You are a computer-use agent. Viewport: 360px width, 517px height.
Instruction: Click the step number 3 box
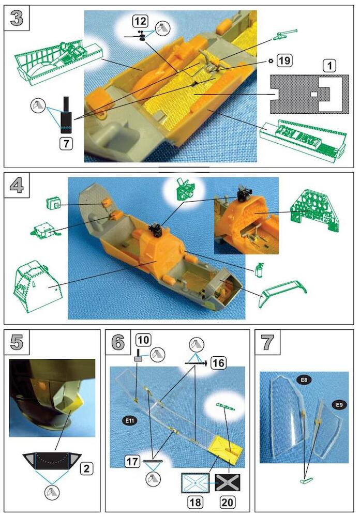[x=17, y=18]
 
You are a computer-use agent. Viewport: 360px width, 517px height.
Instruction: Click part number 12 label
[x=140, y=21]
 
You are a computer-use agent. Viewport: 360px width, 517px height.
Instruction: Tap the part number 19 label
[x=284, y=60]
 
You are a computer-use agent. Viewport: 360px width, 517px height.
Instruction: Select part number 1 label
[x=329, y=66]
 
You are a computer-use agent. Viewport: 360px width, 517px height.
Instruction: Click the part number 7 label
[x=66, y=144]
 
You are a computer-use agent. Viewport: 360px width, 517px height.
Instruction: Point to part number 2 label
[x=87, y=468]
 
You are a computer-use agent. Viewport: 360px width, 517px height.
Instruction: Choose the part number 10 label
[x=143, y=340]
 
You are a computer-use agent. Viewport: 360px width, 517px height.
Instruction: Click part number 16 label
[x=218, y=363]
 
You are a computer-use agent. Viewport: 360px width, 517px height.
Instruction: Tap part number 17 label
[x=132, y=461]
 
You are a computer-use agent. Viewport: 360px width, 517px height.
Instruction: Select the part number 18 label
[x=196, y=502]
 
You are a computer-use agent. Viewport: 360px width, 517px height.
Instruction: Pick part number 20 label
[x=228, y=502]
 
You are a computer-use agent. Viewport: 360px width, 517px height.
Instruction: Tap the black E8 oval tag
[x=304, y=380]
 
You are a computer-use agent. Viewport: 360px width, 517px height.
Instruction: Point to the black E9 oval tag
[x=339, y=405]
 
